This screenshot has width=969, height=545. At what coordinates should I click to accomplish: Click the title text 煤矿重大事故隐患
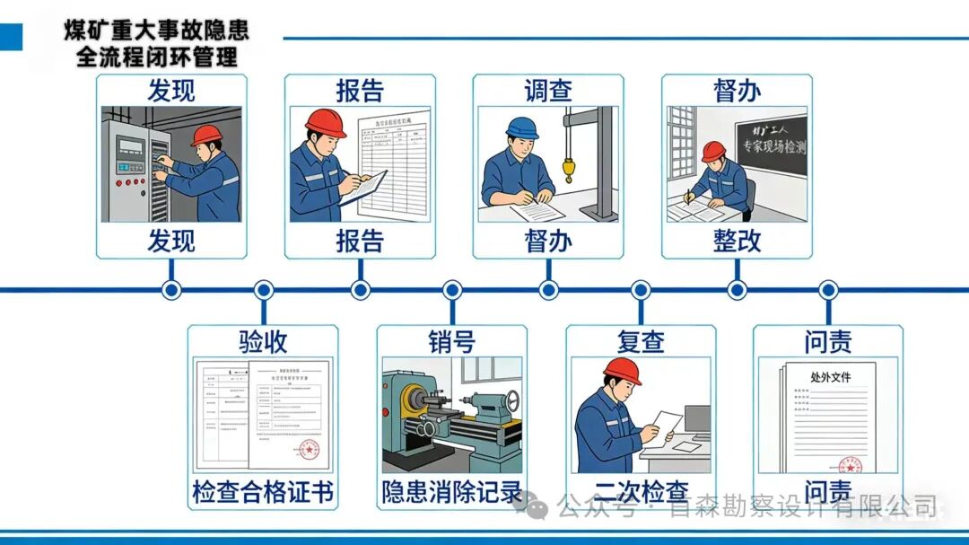(x=156, y=30)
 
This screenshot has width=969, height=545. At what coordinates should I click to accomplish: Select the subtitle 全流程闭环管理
(x=156, y=57)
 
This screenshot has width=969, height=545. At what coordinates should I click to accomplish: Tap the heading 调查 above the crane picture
(x=548, y=92)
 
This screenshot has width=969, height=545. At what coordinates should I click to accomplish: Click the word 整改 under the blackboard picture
(x=737, y=241)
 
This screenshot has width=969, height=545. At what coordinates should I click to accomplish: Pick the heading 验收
(x=263, y=341)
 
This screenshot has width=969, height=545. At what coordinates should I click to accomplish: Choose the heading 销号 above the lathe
(x=451, y=341)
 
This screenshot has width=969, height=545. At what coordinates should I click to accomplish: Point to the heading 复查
(x=641, y=341)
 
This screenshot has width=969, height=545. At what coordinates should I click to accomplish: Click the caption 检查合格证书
(x=263, y=492)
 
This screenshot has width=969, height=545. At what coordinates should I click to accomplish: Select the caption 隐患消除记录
(x=451, y=492)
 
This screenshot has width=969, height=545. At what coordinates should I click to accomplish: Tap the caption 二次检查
(x=641, y=492)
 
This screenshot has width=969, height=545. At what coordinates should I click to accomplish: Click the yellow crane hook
(x=568, y=169)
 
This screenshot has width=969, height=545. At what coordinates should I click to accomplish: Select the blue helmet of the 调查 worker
(x=521, y=127)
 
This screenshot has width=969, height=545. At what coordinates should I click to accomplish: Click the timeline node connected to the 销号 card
(x=452, y=290)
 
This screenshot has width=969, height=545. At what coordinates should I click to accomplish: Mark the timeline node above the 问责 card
(x=828, y=290)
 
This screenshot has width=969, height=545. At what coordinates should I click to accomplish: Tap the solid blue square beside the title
(x=11, y=37)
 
